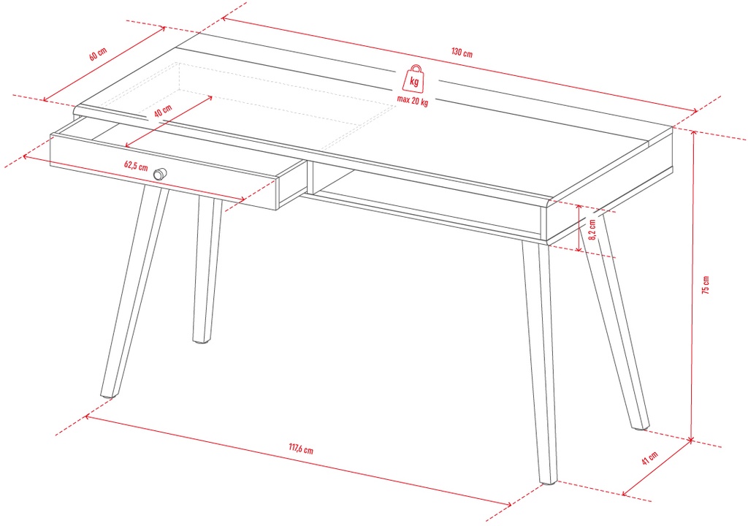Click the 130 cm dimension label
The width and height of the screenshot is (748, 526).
[x=462, y=53]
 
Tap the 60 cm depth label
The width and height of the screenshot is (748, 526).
[x=98, y=54]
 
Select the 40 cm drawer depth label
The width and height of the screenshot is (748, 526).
[x=163, y=111]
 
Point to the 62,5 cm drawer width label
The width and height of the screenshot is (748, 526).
[x=136, y=166]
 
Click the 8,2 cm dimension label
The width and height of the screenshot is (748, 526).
[x=592, y=229]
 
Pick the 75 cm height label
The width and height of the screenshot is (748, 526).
[x=706, y=284]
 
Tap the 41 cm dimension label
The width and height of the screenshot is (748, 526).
[x=649, y=458]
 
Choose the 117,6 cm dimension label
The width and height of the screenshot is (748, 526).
[x=301, y=449]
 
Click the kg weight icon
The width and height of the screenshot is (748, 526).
[x=413, y=79]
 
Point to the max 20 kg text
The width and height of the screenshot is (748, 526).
[x=413, y=102]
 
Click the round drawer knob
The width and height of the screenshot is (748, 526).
[x=160, y=174]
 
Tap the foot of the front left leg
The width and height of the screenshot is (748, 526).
[x=109, y=394]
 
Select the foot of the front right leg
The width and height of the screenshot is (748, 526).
[x=548, y=481]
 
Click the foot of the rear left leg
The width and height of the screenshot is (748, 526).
[x=202, y=340]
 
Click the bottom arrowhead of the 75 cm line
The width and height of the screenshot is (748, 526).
[x=691, y=438]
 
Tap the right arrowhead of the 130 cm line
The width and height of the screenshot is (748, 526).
[x=694, y=111]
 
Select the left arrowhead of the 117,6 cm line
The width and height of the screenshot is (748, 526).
[x=88, y=417]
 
